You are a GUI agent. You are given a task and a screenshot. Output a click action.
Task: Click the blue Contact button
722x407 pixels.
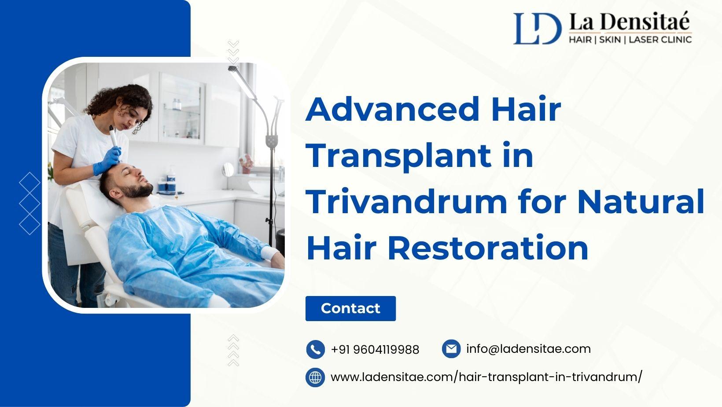350,308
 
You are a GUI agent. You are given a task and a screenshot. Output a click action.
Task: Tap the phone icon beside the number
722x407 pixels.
315,349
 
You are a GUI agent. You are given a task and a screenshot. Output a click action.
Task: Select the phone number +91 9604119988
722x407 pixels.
375,350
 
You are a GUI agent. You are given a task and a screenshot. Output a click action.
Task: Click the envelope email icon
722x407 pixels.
451,348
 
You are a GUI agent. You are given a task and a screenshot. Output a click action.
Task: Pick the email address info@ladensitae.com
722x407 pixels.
528,348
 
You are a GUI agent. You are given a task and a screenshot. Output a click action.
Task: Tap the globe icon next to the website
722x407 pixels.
315,377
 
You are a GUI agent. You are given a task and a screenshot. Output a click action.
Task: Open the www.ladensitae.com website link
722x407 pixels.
486,377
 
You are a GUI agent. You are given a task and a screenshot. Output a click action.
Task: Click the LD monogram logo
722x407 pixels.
537,28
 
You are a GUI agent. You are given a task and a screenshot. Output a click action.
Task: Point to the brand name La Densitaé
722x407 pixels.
630,22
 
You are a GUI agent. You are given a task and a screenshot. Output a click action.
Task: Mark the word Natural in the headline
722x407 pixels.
641,202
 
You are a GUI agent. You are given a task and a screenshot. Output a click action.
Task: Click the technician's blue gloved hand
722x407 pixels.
107,161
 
